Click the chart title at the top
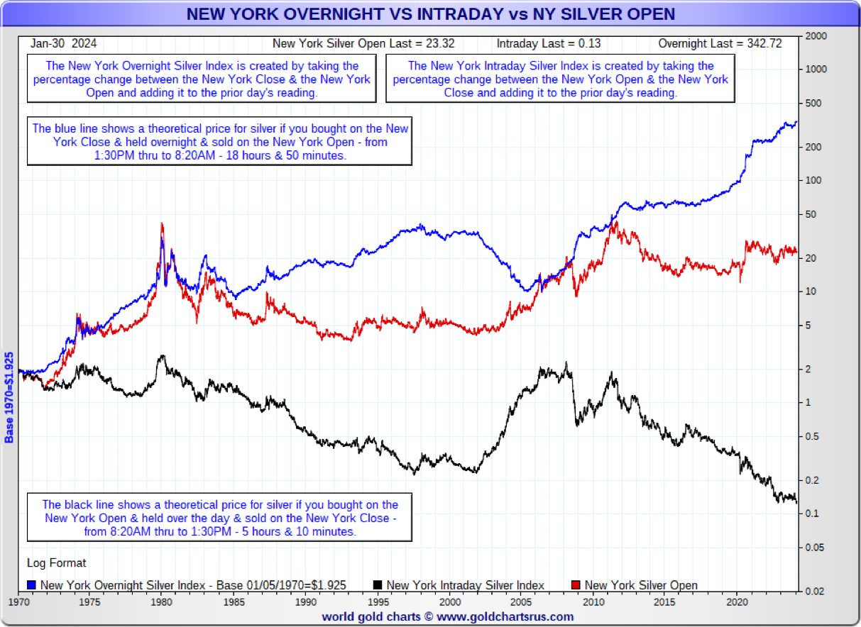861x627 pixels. (x=430, y=14)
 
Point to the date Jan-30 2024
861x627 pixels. (x=64, y=43)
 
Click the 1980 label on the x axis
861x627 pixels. (x=162, y=601)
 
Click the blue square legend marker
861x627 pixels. (x=32, y=585)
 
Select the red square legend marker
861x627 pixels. (x=576, y=585)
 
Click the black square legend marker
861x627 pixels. (x=377, y=585)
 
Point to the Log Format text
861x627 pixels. (x=57, y=563)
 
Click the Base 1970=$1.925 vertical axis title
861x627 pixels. (x=10, y=397)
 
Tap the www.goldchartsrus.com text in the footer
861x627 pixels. (x=505, y=616)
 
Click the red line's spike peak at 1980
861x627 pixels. (x=163, y=224)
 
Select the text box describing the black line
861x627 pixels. (x=219, y=518)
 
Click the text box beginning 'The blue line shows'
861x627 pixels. (x=219, y=141)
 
